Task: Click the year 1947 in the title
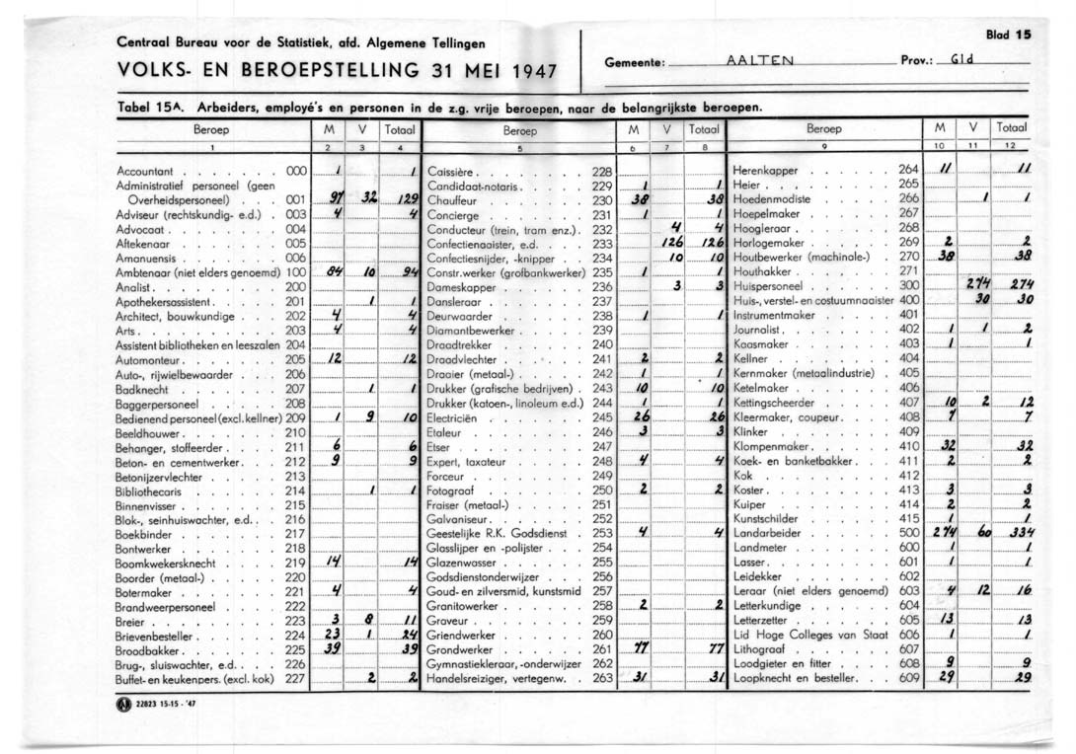(x=529, y=72)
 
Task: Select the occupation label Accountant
(x=144, y=171)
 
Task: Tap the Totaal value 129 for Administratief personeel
(x=404, y=199)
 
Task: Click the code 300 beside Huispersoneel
(x=908, y=285)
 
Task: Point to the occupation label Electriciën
(x=452, y=417)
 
